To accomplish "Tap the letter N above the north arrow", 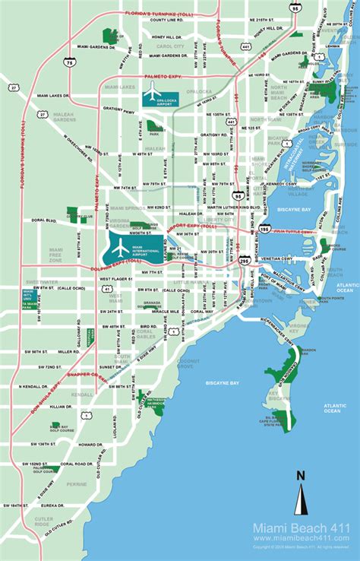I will [301, 476].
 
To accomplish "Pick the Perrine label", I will [76, 483].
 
